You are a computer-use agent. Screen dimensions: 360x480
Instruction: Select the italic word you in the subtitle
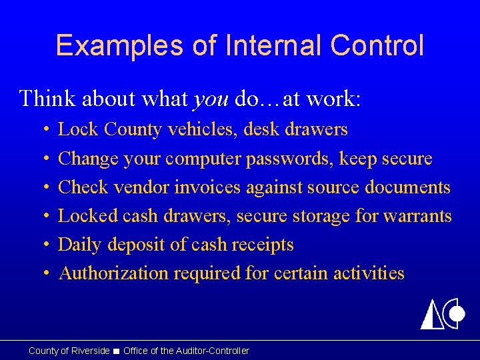(x=211, y=99)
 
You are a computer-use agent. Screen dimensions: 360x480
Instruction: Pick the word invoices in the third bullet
(x=207, y=187)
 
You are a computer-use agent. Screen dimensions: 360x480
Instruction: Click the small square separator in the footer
(x=117, y=351)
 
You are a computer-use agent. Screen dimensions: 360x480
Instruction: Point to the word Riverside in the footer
(x=90, y=351)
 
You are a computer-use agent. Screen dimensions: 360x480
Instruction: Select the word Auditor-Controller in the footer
(x=211, y=351)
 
